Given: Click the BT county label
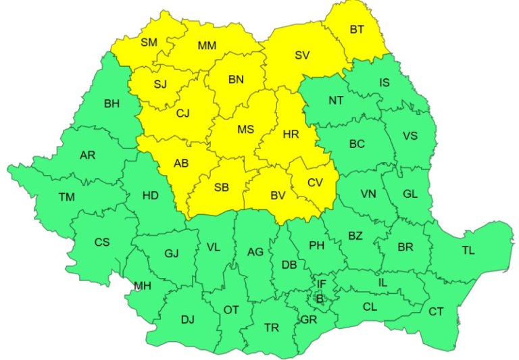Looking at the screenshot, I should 356,30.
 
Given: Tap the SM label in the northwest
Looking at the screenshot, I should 149,43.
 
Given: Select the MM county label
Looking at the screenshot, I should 207,46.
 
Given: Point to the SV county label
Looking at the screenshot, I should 302,55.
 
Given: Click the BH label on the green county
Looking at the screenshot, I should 112,104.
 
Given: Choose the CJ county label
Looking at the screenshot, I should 182,113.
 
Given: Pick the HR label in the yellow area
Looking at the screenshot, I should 291,134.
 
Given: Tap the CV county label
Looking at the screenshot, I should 315,182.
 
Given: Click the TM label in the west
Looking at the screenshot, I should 66,197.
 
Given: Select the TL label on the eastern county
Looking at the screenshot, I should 468,251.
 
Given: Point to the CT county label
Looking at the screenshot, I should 436,311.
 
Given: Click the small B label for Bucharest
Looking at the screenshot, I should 320,299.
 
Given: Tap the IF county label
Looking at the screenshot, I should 322,284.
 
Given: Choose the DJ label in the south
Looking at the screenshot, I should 187,319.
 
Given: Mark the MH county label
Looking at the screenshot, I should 142,286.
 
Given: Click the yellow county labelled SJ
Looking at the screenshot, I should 160,84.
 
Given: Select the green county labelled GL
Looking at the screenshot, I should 410,193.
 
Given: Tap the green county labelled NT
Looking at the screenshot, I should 336,101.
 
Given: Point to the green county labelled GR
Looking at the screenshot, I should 310,319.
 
